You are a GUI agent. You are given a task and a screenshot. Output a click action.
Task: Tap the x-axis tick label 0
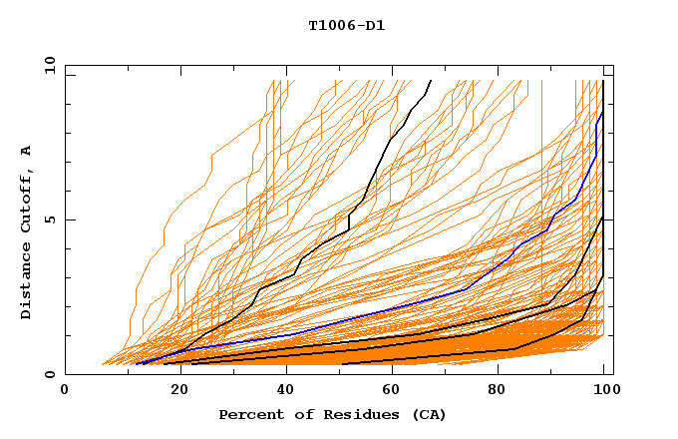tap(65, 391)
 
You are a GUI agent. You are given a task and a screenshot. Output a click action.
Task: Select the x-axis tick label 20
tap(173, 391)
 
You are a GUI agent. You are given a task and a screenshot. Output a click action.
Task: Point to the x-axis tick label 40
tap(281, 391)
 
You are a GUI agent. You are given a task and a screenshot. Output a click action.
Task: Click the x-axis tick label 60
tap(390, 391)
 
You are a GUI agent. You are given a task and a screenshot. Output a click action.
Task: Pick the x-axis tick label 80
tap(498, 391)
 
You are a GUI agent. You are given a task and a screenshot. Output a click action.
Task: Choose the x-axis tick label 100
tap(602, 391)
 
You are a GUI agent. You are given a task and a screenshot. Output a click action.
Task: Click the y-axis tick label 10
tap(49, 64)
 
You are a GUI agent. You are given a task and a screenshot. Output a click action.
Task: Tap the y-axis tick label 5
tap(53, 219)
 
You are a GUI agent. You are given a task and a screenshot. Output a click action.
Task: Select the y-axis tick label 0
tap(53, 374)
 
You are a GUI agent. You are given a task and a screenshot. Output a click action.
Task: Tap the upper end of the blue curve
tap(602, 113)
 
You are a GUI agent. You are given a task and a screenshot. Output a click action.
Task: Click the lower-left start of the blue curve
tap(137, 363)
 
